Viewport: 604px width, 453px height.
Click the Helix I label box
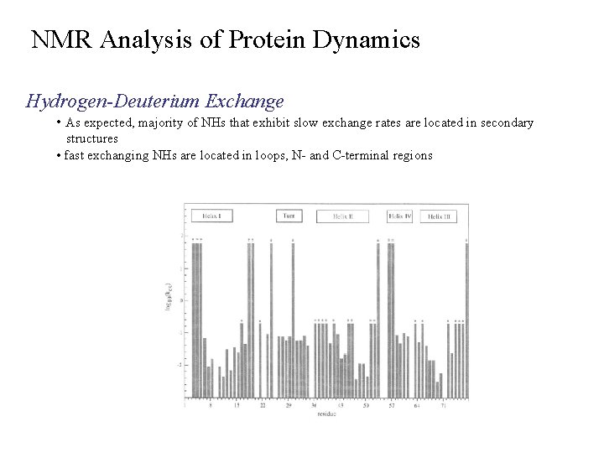pos(211,216)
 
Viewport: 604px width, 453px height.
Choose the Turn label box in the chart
pos(288,216)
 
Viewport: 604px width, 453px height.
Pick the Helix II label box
pos(344,216)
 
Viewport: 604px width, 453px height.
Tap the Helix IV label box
pos(400,216)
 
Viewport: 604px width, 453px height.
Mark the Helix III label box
pos(438,216)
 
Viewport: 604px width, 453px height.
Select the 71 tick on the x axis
pos(442,405)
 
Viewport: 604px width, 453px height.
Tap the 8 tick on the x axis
pos(211,405)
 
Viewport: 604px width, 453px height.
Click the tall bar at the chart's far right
pos(466,319)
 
